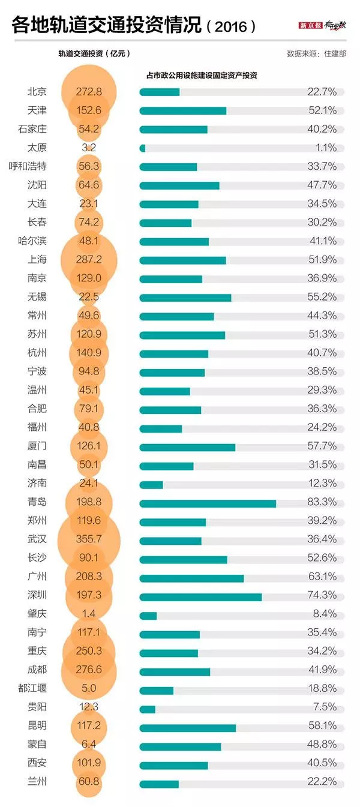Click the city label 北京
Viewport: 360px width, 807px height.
37,92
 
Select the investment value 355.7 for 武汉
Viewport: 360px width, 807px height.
89,539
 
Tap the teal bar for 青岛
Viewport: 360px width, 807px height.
208,503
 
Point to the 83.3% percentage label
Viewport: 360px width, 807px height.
322,502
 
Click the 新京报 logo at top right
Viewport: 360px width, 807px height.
310,25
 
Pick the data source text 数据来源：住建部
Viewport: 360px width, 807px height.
316,53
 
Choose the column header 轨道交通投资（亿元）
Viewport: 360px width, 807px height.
94,53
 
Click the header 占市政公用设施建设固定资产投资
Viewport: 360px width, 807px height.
202,75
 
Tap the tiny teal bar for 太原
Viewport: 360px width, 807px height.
142,148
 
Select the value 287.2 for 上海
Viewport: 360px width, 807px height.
89,259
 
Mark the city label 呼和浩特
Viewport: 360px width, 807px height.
28,166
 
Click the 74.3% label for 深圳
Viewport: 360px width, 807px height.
322,595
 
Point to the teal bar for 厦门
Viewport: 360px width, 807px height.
187,448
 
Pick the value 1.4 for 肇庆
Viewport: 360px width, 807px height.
89,614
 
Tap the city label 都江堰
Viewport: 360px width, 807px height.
32,688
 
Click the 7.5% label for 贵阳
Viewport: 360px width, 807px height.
325,707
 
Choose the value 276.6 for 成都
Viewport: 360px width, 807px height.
89,670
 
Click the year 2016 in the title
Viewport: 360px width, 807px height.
231,26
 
